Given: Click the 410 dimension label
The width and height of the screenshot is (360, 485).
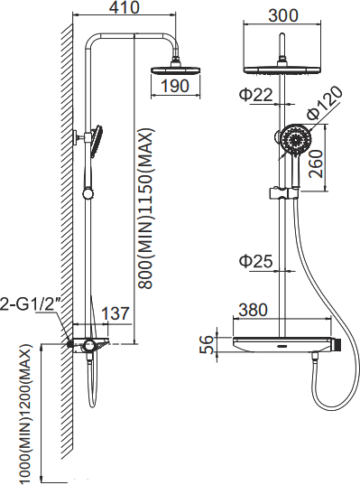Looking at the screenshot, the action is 125,7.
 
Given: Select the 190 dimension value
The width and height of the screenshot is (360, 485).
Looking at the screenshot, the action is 174,86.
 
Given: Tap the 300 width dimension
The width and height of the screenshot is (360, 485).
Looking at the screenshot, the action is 283,15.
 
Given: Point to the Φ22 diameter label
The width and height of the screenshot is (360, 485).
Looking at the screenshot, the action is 256,95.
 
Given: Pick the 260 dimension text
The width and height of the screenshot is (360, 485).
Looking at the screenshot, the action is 316,163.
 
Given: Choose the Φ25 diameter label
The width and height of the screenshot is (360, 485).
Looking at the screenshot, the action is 256,262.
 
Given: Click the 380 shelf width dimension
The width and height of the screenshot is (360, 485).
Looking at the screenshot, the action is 252,310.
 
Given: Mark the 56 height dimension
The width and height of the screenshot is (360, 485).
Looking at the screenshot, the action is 207,344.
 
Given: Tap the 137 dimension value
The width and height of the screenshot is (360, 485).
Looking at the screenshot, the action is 115,313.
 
